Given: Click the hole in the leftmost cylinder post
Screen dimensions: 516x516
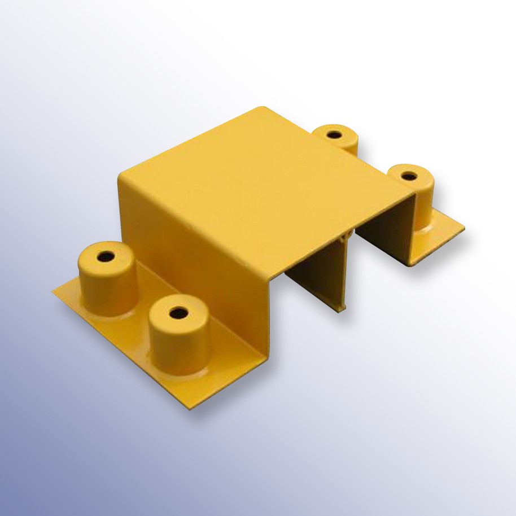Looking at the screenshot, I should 104,257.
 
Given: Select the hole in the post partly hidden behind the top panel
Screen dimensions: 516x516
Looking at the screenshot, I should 334,135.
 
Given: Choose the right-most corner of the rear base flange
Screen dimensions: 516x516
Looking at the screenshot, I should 464,229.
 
